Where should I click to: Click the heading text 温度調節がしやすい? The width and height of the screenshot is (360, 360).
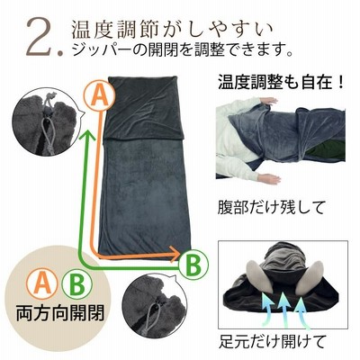pos(172,30)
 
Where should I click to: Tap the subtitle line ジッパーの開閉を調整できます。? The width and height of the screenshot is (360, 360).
pos(182,50)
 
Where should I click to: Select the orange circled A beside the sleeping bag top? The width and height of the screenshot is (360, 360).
pos(100,95)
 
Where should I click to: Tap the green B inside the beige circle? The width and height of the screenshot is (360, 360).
pos(76,283)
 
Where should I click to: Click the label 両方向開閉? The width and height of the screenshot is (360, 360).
pos(60,313)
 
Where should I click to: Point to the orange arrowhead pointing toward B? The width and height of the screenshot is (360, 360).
pos(175,255)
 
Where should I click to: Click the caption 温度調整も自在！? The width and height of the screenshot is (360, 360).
pos(281,83)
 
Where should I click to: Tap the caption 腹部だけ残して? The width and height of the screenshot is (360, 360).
pos(271,207)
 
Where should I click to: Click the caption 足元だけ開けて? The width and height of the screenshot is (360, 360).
pos(273,341)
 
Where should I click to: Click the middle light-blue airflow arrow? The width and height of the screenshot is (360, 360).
pos(283,308)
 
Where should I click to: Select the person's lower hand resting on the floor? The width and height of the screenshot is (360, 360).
pos(269,179)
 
